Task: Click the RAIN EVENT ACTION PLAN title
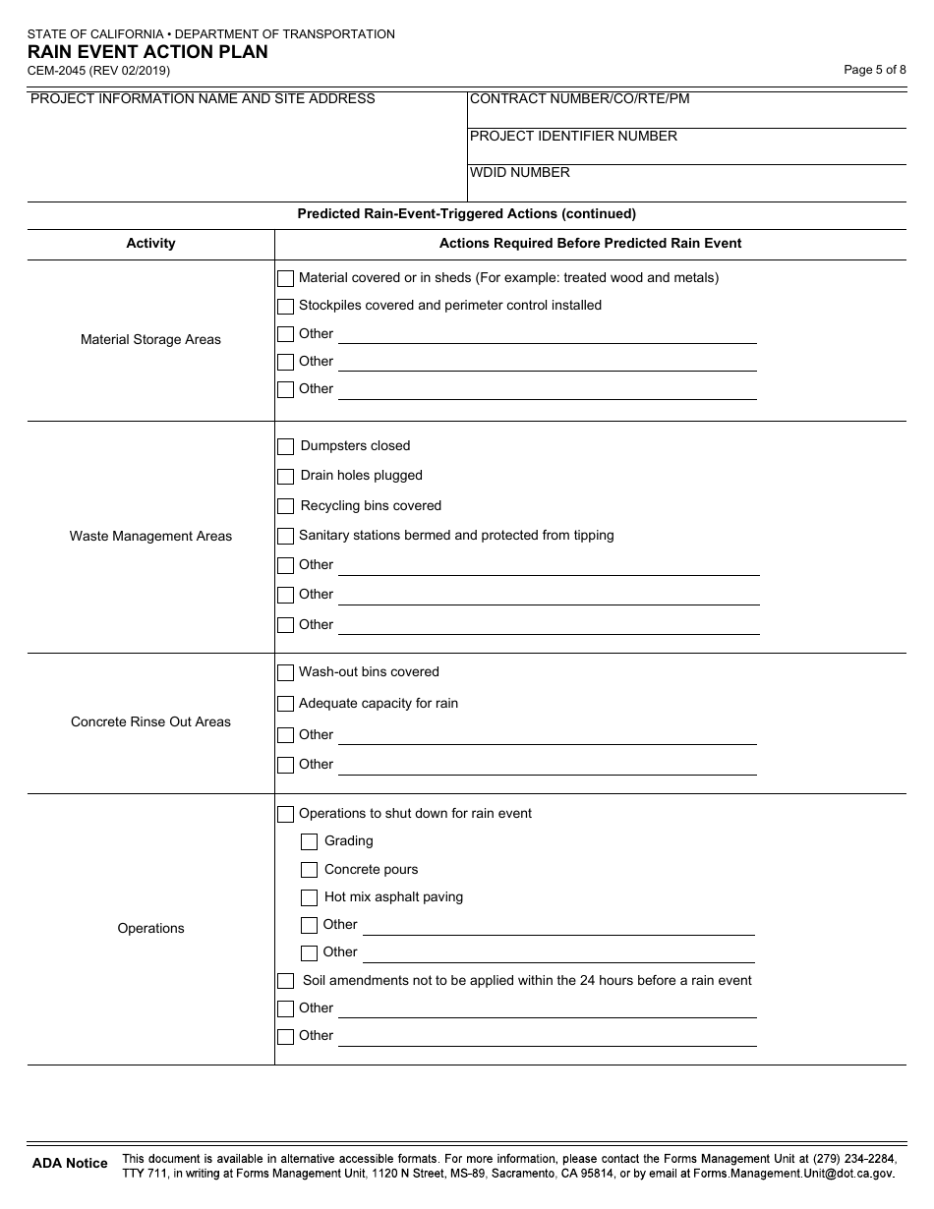click(x=147, y=52)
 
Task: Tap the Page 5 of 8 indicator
click(x=874, y=70)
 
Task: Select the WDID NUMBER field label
click(x=520, y=173)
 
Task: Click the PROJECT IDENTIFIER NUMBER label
click(x=573, y=137)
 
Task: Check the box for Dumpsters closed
click(x=285, y=446)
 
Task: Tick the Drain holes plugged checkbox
click(x=285, y=476)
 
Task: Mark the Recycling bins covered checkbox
click(x=285, y=506)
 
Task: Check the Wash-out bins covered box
click(x=285, y=672)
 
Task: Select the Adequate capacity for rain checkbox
click(x=285, y=704)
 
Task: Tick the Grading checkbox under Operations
click(x=309, y=841)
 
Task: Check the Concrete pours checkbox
click(x=309, y=870)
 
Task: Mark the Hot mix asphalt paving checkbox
click(x=309, y=897)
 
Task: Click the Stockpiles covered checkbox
click(x=285, y=306)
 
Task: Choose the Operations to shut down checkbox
click(x=285, y=814)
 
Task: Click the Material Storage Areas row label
click(x=150, y=340)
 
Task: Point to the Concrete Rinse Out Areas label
click(x=150, y=722)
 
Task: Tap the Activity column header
click(x=150, y=244)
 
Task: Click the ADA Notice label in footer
click(x=70, y=1164)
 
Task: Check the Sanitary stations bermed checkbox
click(x=285, y=536)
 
